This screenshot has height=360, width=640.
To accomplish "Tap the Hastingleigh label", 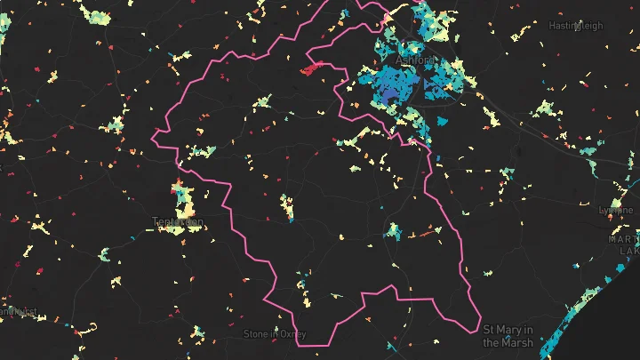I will coord(576,26).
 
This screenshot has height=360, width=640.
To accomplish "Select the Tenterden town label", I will coord(178,221).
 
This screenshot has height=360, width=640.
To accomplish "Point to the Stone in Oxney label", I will coord(275,334).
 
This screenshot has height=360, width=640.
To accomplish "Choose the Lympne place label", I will coord(616,210).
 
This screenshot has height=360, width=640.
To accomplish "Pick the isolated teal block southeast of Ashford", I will coord(443,120).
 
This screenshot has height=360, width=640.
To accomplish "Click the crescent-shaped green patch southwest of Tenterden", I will coord(105,255).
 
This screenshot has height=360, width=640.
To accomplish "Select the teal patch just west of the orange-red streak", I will coord(394,233).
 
